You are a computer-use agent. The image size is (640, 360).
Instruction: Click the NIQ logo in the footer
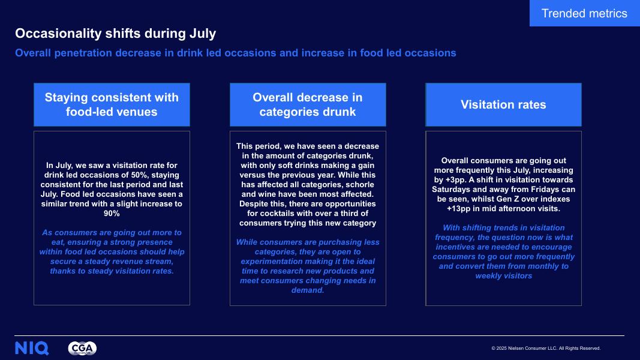(x=32, y=348)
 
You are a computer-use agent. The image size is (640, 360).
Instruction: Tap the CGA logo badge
(x=82, y=348)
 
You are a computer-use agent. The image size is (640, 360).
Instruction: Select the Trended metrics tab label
(x=584, y=13)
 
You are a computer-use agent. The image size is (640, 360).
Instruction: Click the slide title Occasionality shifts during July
(x=116, y=33)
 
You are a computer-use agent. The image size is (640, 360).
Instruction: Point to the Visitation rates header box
(x=503, y=104)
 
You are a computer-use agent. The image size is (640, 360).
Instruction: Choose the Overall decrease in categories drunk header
(x=308, y=104)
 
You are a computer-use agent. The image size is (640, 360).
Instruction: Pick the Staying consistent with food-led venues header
(x=112, y=104)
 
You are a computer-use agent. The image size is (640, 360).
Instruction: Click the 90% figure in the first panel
(x=112, y=214)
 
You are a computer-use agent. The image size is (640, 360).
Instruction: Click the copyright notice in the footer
(x=546, y=348)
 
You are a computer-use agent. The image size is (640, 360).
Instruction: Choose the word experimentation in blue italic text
(x=277, y=262)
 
